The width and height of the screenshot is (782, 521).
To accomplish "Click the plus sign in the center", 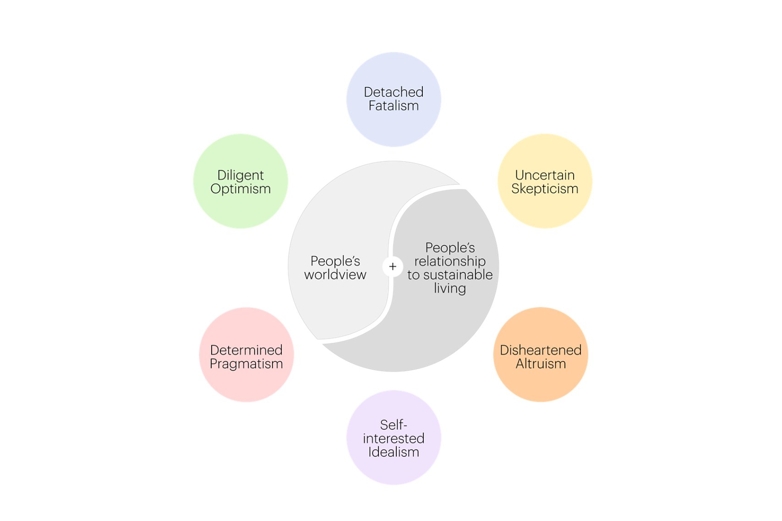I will [x=393, y=266].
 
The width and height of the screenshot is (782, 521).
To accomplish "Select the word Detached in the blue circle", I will [x=394, y=92].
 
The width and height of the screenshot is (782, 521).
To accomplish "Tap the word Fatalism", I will [x=394, y=106].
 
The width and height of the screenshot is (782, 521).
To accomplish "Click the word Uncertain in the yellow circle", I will [x=545, y=175].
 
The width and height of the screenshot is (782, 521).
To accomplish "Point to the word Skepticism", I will [x=545, y=189].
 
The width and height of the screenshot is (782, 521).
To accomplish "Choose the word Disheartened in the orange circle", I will [x=541, y=350].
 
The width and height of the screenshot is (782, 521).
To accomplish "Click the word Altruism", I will [x=541, y=364].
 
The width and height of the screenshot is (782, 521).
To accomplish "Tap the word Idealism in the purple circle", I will [x=394, y=452].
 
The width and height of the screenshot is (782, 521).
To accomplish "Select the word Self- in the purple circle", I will [x=394, y=424].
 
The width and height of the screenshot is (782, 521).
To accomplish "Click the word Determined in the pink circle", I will [x=246, y=350].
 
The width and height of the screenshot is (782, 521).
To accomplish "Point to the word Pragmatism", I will [x=246, y=364].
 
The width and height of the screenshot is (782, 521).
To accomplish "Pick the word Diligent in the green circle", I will [x=241, y=175].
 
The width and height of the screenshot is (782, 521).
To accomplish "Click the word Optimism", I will [x=241, y=189].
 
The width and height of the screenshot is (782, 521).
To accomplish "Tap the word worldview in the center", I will [x=335, y=274].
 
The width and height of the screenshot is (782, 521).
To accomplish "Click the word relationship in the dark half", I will [x=450, y=261].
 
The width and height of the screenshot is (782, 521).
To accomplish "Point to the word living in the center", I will [x=450, y=288].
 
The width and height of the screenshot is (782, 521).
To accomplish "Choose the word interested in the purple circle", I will [x=394, y=438].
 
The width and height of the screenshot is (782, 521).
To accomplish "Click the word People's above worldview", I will [x=335, y=261].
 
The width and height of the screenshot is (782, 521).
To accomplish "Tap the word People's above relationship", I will [x=450, y=247].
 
